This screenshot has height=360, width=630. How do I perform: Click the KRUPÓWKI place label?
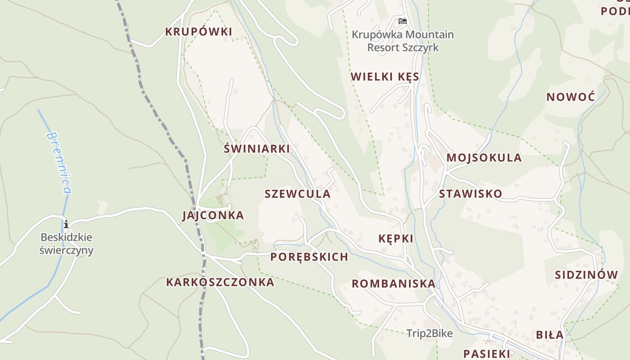tap(198, 32)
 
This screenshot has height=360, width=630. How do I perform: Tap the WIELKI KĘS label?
tap(385, 77)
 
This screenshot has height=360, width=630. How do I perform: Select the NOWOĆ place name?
tap(571, 97)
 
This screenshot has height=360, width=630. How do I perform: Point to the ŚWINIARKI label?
tap(256, 149)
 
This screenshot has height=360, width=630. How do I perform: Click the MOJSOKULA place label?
tap(484, 158)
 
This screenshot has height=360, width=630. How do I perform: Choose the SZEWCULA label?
tap(297, 194)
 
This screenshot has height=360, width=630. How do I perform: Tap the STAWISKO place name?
tap(470, 194)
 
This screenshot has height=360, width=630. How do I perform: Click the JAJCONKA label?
tap(213, 216)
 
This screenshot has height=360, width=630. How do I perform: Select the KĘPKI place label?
tap(396, 239)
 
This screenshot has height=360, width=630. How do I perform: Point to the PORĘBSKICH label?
tap(309, 257)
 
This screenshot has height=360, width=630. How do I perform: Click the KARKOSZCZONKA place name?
tap(220, 282)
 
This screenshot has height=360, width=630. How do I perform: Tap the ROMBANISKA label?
tap(393, 284)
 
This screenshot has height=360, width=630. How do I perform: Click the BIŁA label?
tap(549, 335)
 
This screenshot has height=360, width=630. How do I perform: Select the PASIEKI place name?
tap(486, 353)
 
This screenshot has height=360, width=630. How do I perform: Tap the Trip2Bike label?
tap(429, 333)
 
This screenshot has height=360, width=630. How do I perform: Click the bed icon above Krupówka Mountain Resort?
tap(402, 21)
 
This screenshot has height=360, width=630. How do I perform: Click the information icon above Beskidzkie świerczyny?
tap(66, 224)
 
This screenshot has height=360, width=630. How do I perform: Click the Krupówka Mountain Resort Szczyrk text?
tap(402, 41)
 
